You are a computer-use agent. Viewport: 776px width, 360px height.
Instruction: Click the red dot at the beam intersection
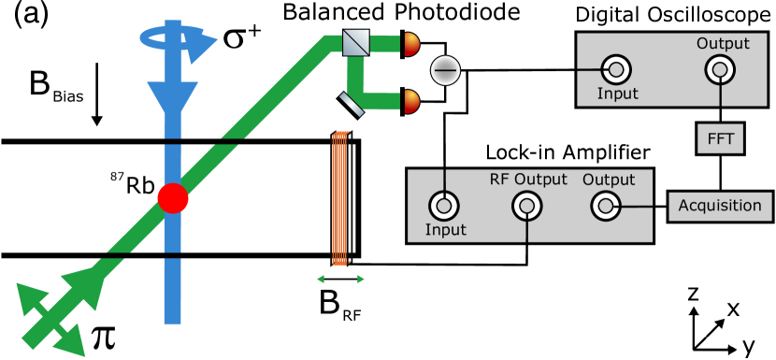pyautogui.click(x=172, y=198)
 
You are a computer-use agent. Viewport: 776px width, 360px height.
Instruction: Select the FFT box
pyautogui.click(x=720, y=139)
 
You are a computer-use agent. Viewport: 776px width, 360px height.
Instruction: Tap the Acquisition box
pyautogui.click(x=720, y=207)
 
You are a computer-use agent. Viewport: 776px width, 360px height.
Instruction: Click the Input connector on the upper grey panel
pyautogui.click(x=615, y=69)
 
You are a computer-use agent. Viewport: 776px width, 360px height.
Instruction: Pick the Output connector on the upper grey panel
pyautogui.click(x=719, y=69)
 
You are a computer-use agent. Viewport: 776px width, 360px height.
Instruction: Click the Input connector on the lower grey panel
pyautogui.click(x=443, y=206)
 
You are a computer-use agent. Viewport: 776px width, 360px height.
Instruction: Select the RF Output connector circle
pyautogui.click(x=527, y=206)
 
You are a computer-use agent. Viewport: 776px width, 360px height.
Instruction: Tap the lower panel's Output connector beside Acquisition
pyautogui.click(x=605, y=206)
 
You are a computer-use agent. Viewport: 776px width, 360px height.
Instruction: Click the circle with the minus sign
pyautogui.click(x=445, y=70)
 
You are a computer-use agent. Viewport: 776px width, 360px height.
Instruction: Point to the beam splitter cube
pyautogui.click(x=355, y=42)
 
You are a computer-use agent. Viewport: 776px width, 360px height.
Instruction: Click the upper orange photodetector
pyautogui.click(x=411, y=43)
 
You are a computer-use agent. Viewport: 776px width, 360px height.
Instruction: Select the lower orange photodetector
pyautogui.click(x=411, y=101)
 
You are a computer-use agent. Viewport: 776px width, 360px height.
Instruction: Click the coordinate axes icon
pyautogui.click(x=711, y=329)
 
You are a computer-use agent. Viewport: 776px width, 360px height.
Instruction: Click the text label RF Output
pyautogui.click(x=528, y=180)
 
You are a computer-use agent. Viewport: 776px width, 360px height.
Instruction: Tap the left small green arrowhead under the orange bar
pyautogui.click(x=321, y=279)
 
